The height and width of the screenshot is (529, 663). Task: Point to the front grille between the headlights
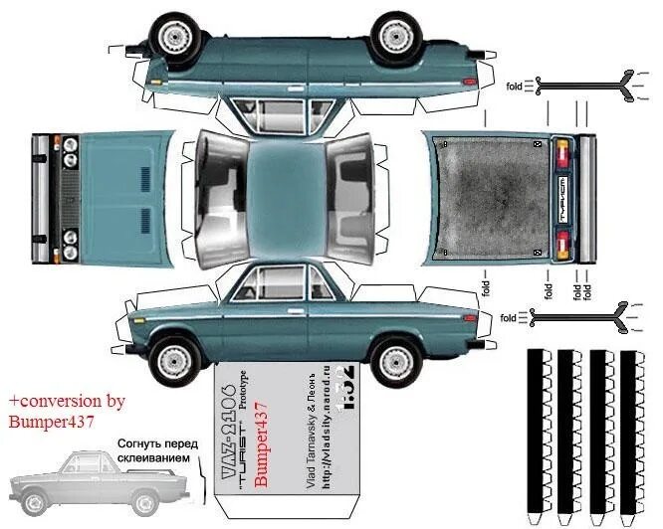click(x=70, y=188)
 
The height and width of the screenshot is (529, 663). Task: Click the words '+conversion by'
click(x=68, y=401)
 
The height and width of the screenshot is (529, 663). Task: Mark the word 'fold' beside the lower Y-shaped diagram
click(x=508, y=318)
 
